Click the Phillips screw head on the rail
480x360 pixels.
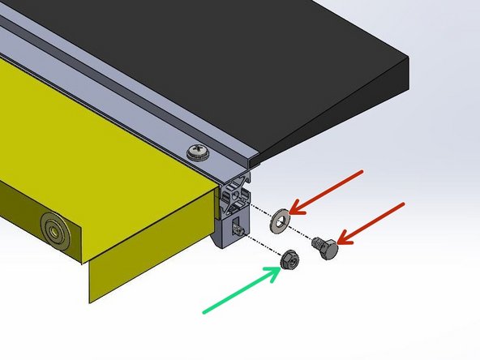(197, 152)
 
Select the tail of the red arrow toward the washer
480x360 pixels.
(363, 173)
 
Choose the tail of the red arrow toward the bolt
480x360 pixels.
(403, 204)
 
